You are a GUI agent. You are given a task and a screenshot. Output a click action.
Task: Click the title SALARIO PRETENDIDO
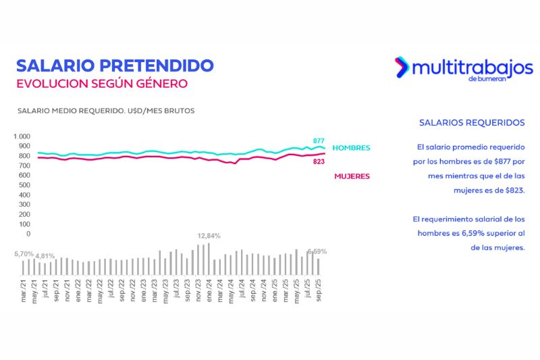pos(115,66)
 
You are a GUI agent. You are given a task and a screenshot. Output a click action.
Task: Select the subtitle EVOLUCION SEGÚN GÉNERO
pos(101,84)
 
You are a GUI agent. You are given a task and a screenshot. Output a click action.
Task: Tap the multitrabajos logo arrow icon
pos(402,67)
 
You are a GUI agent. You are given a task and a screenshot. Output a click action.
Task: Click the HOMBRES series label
pos(352,147)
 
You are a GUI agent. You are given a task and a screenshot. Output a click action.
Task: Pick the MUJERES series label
pos(352,176)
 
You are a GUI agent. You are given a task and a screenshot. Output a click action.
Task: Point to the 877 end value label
pos(319,141)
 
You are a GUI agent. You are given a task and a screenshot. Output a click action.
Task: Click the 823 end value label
pos(319,161)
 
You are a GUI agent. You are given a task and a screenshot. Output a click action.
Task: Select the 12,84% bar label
pos(209,236)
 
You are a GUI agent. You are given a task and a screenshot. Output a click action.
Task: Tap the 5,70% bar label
pos(23,254)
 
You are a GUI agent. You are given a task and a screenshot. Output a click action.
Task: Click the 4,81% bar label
pos(45,257)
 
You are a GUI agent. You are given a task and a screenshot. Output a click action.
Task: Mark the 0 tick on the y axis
pos(28,234)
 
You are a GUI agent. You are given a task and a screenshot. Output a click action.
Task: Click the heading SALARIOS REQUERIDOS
pos(472,123)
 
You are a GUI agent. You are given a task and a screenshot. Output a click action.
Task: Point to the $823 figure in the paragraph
pos(512,190)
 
